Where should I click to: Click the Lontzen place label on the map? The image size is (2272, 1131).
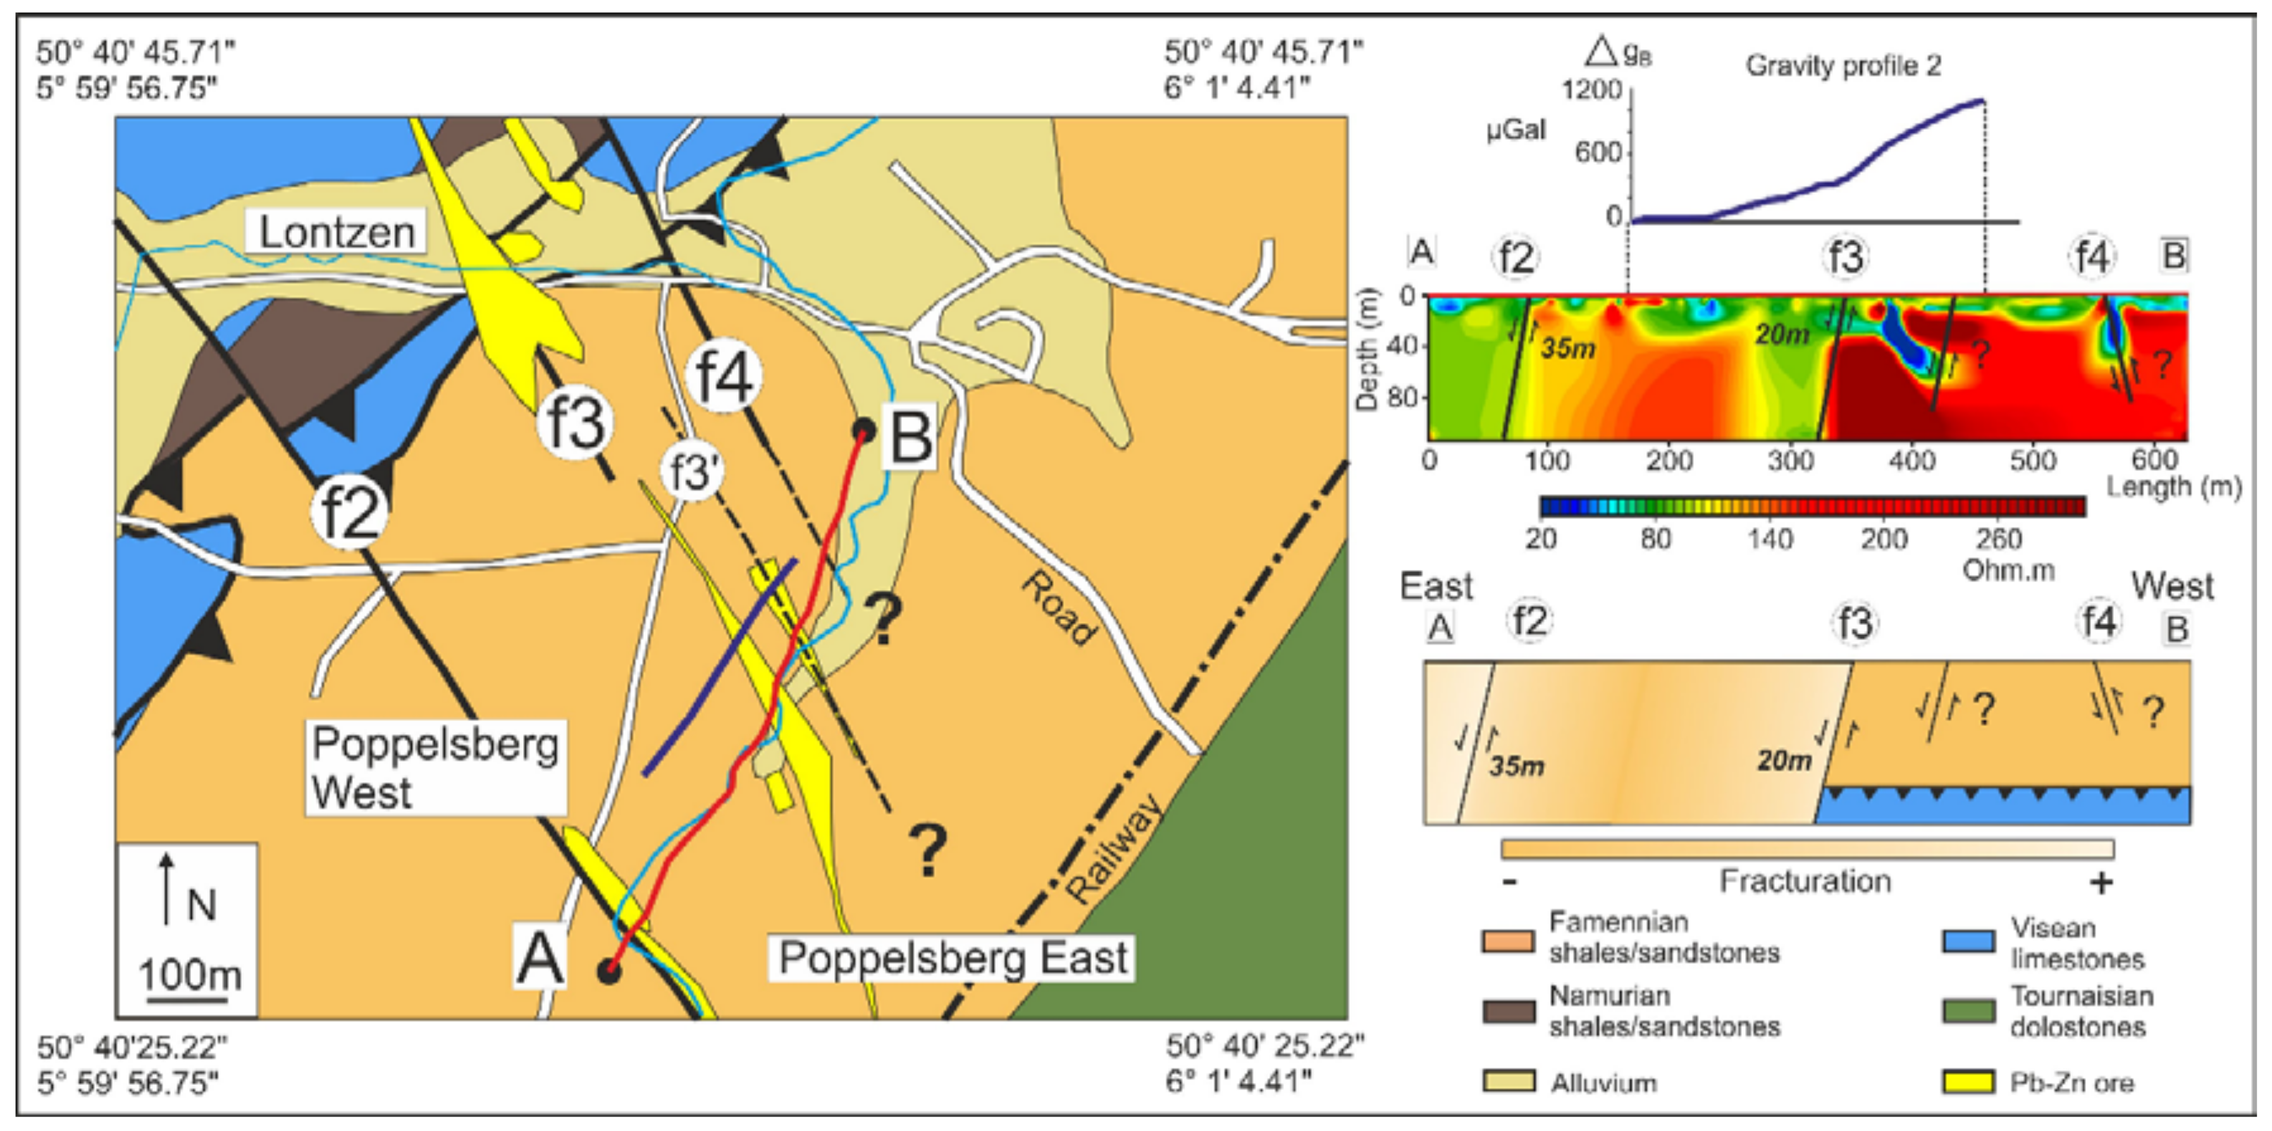pos(336,232)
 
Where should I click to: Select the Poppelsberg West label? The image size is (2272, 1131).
pos(435,767)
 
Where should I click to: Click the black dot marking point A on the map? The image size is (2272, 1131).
pos(608,972)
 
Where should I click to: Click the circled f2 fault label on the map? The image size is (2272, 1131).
pos(350,512)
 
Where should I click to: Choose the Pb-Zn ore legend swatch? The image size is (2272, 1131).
pos(1968,1082)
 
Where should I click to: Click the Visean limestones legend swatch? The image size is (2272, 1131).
pos(1968,941)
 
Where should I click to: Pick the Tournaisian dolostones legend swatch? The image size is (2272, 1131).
pos(1968,1011)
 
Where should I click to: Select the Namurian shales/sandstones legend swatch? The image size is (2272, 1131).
pos(1509,1011)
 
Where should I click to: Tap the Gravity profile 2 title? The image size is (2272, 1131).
pos(1843,65)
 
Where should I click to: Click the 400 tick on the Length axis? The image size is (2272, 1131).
pos(1911,460)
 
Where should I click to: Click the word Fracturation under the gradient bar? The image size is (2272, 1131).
pos(1805,881)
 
